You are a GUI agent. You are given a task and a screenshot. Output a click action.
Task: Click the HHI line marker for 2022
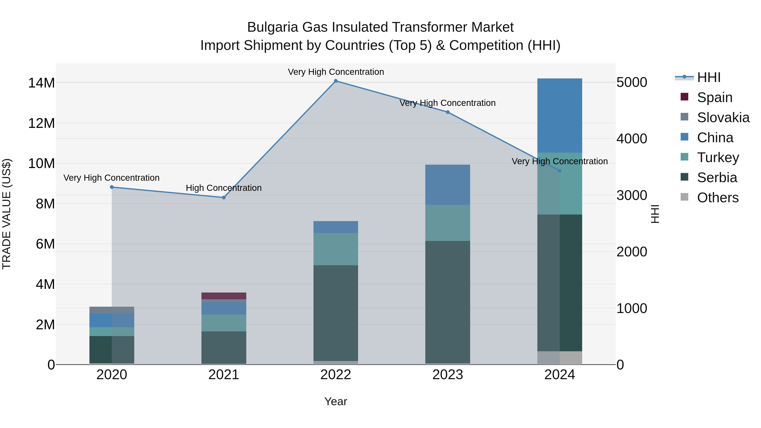[x=336, y=81]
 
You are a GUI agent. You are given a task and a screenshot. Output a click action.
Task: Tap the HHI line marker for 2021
[x=224, y=198]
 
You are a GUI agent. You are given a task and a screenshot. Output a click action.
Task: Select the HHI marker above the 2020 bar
[x=112, y=187]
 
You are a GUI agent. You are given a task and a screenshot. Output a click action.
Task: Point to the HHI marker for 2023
[x=448, y=112]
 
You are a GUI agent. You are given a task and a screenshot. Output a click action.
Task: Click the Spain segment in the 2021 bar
[x=224, y=296]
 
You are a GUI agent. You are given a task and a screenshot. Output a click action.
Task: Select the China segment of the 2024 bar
[x=560, y=115]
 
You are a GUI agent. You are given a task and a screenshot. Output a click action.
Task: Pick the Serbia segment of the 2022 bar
[x=336, y=313]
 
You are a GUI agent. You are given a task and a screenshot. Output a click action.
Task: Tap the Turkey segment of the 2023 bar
[x=448, y=223]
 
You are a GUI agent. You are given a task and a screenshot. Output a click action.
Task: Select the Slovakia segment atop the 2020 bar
[x=112, y=310]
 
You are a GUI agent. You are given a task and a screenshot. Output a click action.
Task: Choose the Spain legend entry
[x=714, y=97]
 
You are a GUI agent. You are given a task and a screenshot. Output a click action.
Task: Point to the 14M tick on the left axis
[x=41, y=83]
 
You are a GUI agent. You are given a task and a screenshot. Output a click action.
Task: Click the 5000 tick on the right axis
[x=632, y=82]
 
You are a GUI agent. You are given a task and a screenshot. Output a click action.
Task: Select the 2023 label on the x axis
[x=448, y=375]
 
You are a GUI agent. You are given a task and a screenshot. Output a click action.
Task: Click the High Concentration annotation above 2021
[x=224, y=188]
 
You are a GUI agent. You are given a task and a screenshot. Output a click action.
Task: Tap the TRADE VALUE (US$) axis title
[x=7, y=214]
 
